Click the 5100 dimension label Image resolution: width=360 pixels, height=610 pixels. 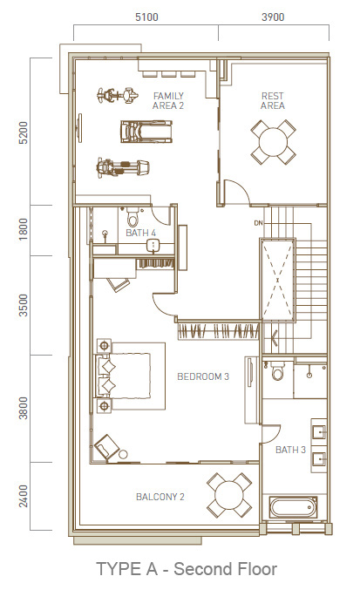pyautogui.click(x=146, y=17)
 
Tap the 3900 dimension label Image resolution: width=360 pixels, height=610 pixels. pyautogui.click(x=273, y=17)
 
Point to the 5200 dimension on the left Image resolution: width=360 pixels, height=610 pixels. pyautogui.click(x=24, y=132)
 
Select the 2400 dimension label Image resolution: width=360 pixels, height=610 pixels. pyautogui.click(x=24, y=496)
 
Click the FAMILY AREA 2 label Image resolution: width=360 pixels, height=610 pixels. pyautogui.click(x=168, y=101)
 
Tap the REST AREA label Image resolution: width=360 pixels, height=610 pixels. pyautogui.click(x=273, y=101)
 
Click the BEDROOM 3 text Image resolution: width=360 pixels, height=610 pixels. pyautogui.click(x=203, y=376)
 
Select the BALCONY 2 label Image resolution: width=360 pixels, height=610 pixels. pyautogui.click(x=160, y=497)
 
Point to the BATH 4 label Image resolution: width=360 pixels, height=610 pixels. pyautogui.click(x=141, y=233)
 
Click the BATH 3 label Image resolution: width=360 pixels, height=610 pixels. pyautogui.click(x=291, y=450)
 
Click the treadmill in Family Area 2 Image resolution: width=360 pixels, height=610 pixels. pyautogui.click(x=146, y=131)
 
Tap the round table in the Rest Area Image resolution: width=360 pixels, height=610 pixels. pyautogui.click(x=273, y=142)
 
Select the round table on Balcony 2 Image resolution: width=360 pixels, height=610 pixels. pyautogui.click(x=229, y=495)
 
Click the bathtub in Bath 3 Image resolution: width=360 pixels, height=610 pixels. pyautogui.click(x=294, y=507)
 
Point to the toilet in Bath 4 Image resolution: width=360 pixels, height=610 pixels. pyautogui.click(x=133, y=217)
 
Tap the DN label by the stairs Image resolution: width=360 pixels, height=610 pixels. pyautogui.click(x=258, y=223)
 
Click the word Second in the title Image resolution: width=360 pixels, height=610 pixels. pyautogui.click(x=200, y=569)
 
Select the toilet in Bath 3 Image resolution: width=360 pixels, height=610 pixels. pyautogui.click(x=278, y=371)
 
